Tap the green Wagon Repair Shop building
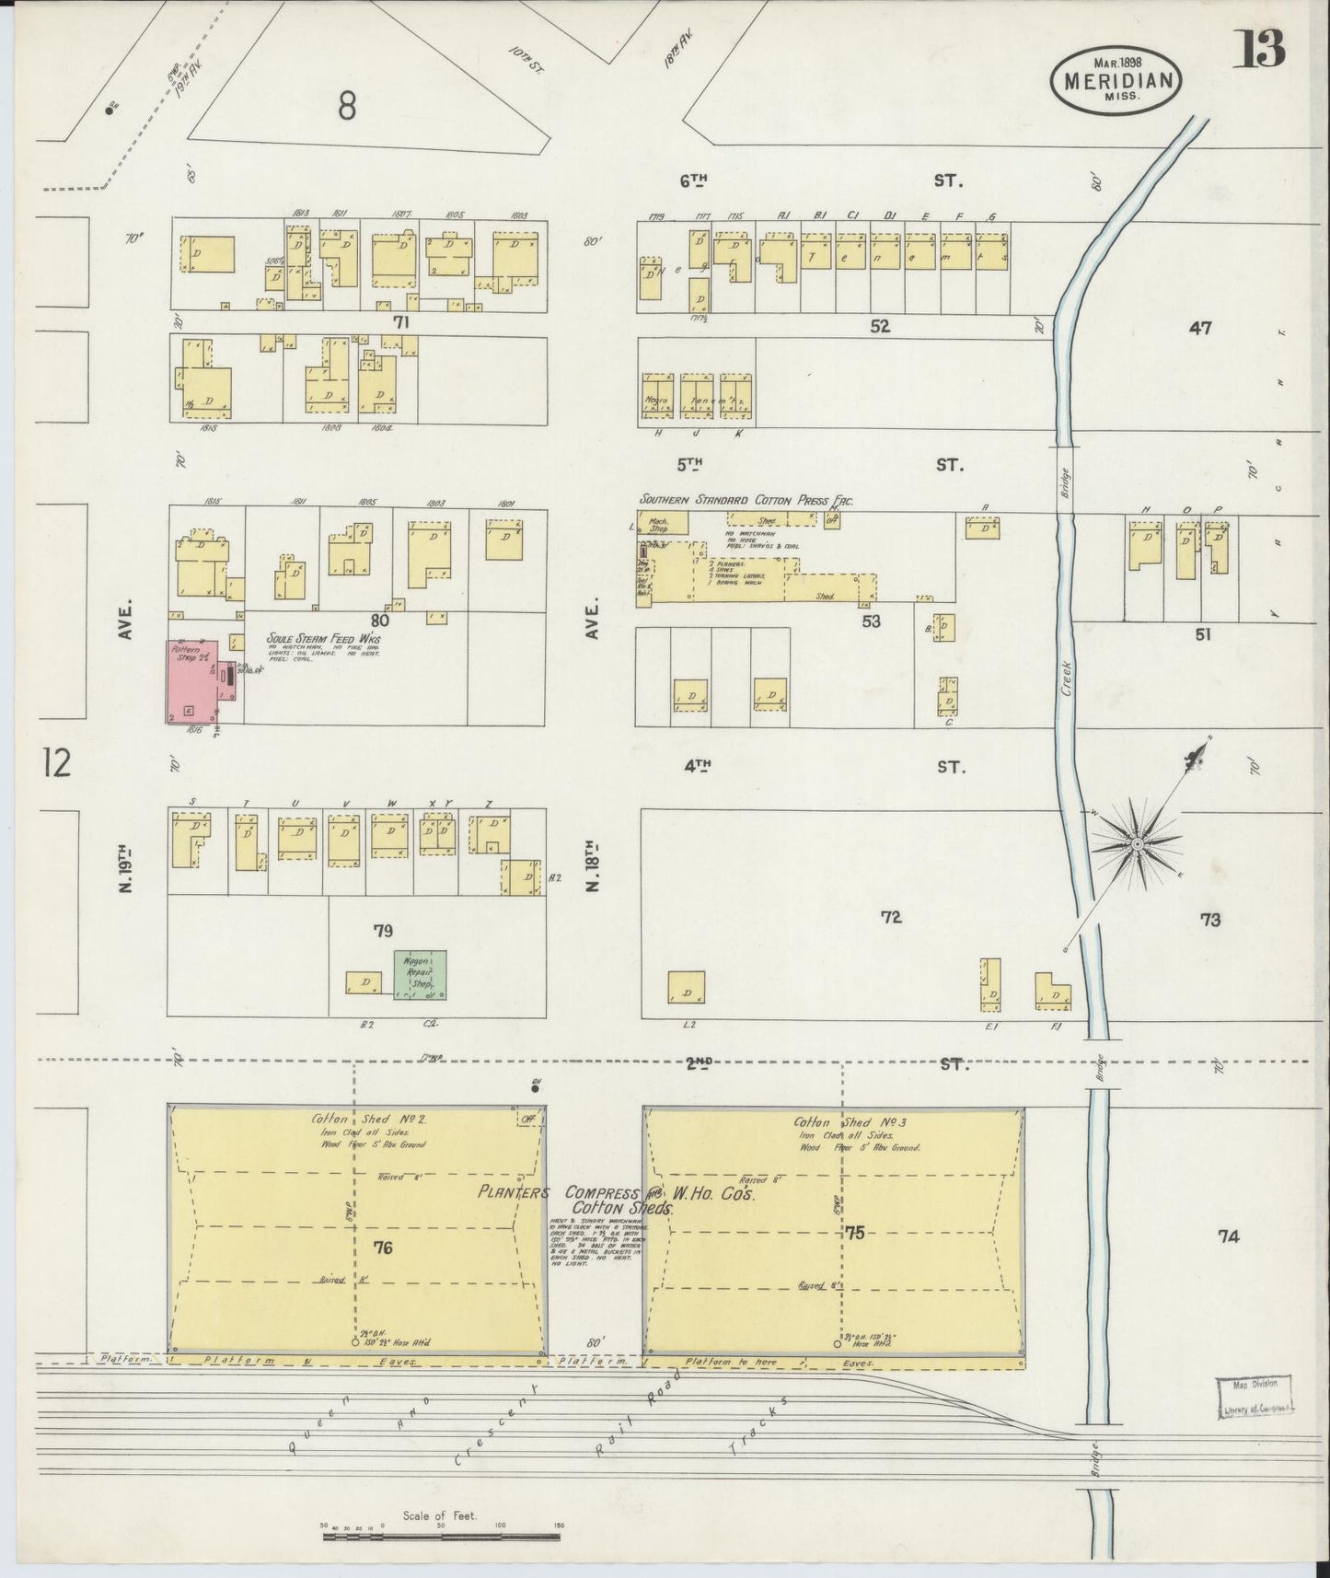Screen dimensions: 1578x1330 tap(420, 974)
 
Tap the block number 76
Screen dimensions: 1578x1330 tap(384, 1247)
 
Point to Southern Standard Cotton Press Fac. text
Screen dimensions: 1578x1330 tap(746, 500)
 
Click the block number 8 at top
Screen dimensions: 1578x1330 tap(346, 108)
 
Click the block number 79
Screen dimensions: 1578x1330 tap(383, 931)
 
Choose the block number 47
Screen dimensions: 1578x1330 tap(1199, 327)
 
